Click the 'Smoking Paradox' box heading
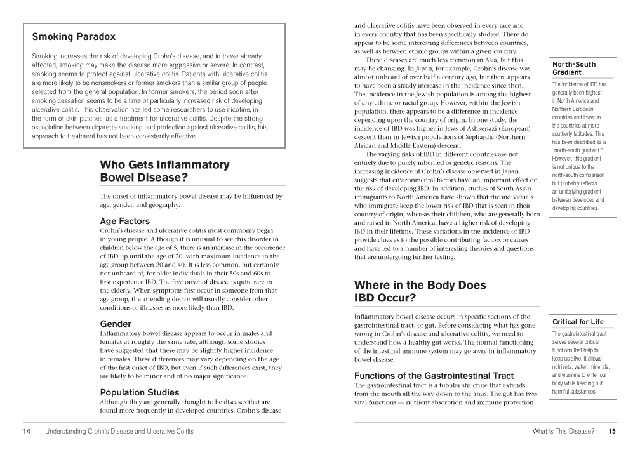(74, 37)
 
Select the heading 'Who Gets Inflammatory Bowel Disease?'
(164, 171)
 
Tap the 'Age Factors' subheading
(125, 221)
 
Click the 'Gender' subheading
(116, 324)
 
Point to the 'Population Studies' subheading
(140, 392)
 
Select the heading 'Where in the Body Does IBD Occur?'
(420, 291)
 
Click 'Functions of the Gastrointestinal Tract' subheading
(434, 376)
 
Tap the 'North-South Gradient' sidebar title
(574, 69)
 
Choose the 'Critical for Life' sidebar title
(578, 322)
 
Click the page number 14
(27, 432)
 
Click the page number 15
(612, 432)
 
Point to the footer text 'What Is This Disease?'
(563, 432)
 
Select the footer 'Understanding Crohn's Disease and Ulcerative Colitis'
(119, 432)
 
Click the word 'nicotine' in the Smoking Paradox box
(243, 110)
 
